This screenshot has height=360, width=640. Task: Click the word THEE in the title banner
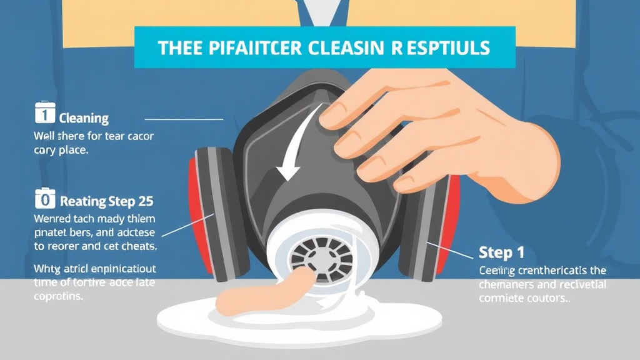click(x=181, y=48)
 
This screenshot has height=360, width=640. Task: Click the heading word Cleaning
click(x=84, y=118)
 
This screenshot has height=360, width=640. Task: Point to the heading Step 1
click(x=501, y=253)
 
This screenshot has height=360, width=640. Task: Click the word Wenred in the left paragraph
click(x=52, y=219)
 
